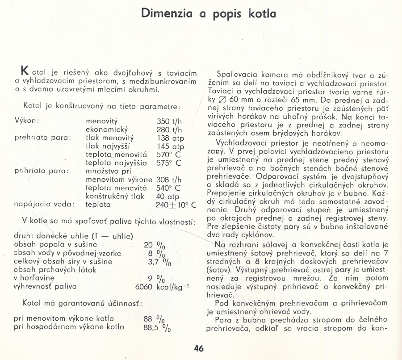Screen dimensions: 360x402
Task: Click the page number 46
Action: pyautogui.click(x=199, y=349)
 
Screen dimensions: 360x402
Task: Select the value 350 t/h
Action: pyautogui.click(x=170, y=121)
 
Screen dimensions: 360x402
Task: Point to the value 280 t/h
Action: pyautogui.click(x=170, y=129)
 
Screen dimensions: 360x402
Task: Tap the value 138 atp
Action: pyautogui.click(x=171, y=138)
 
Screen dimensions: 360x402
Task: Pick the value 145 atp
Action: pyautogui.click(x=171, y=146)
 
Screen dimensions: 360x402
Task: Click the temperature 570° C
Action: pyautogui.click(x=169, y=155)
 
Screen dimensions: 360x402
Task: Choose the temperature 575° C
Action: pyautogui.click(x=169, y=163)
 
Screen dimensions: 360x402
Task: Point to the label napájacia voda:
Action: pyautogui.click(x=43, y=205)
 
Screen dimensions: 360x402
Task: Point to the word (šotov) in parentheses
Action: pyautogui.click(x=218, y=270)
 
